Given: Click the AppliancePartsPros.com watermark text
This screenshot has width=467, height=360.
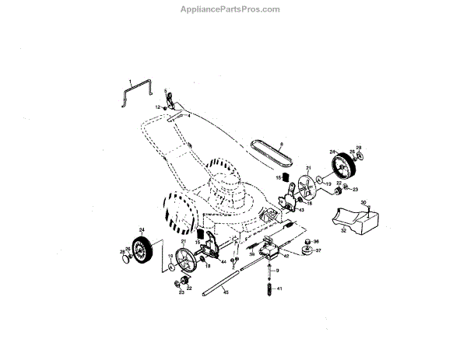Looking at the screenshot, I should [233, 9].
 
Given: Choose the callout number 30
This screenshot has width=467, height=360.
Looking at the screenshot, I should [363, 203].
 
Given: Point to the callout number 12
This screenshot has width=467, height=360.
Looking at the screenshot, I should [156, 107].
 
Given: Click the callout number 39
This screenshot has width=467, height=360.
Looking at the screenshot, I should [252, 254].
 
